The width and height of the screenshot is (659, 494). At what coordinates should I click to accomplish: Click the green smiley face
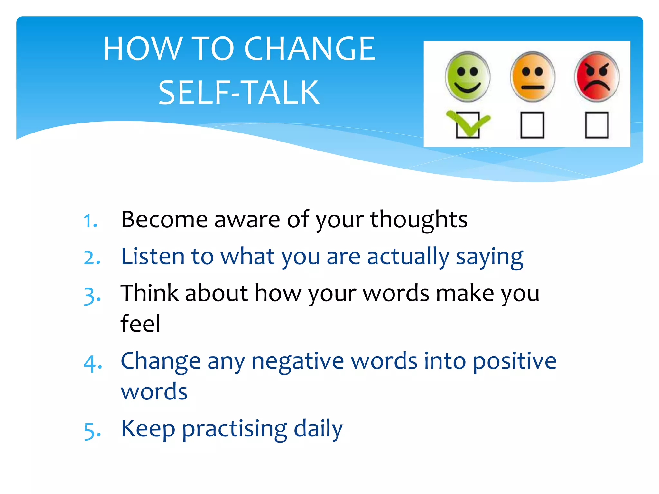coord(468,77)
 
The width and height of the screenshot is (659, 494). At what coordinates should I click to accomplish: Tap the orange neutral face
coord(533,77)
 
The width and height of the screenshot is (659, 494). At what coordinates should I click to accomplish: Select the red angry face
coord(597,77)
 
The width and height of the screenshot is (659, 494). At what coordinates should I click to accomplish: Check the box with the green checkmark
coord(468,125)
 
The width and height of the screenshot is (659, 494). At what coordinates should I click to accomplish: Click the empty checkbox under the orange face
coord(532,125)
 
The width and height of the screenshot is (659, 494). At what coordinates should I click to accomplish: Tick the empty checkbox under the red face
coord(597,125)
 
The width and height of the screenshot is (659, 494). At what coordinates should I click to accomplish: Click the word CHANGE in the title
coord(310,49)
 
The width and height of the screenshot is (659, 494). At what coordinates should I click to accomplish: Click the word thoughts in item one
coord(419,220)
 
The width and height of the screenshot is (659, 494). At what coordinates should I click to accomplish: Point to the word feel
coord(140,323)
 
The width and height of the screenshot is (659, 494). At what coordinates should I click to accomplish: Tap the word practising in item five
coord(235,430)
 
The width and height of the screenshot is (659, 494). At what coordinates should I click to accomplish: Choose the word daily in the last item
coord(318,429)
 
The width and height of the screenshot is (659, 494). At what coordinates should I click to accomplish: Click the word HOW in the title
coord(143,49)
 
